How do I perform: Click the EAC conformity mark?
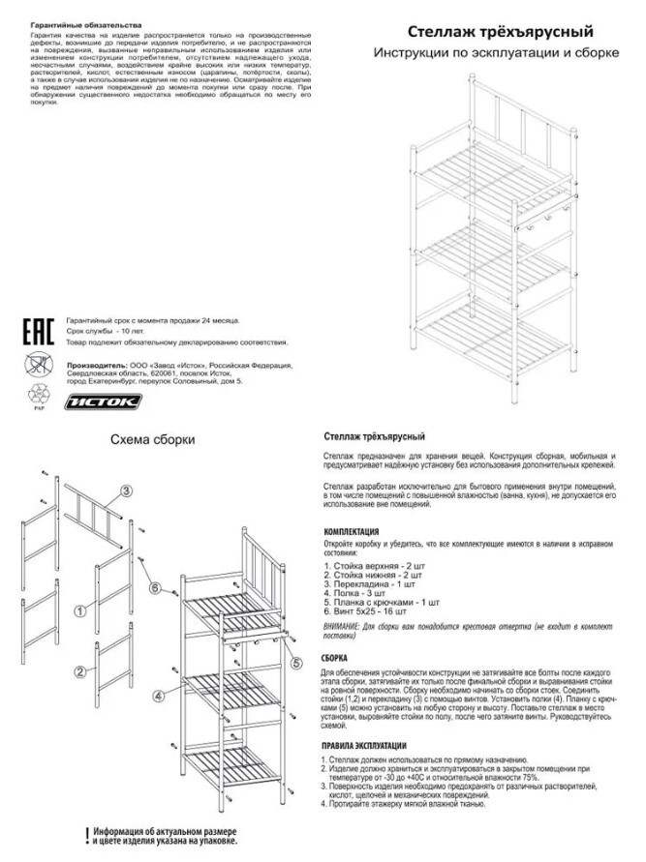pyautogui.click(x=37, y=330)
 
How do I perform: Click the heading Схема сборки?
pyautogui.click(x=153, y=438)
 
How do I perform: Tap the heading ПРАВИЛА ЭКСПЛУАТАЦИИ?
pyautogui.click(x=364, y=746)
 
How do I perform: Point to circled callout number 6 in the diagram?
pyautogui.click(x=154, y=587)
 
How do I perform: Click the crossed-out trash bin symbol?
pyautogui.click(x=36, y=366)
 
